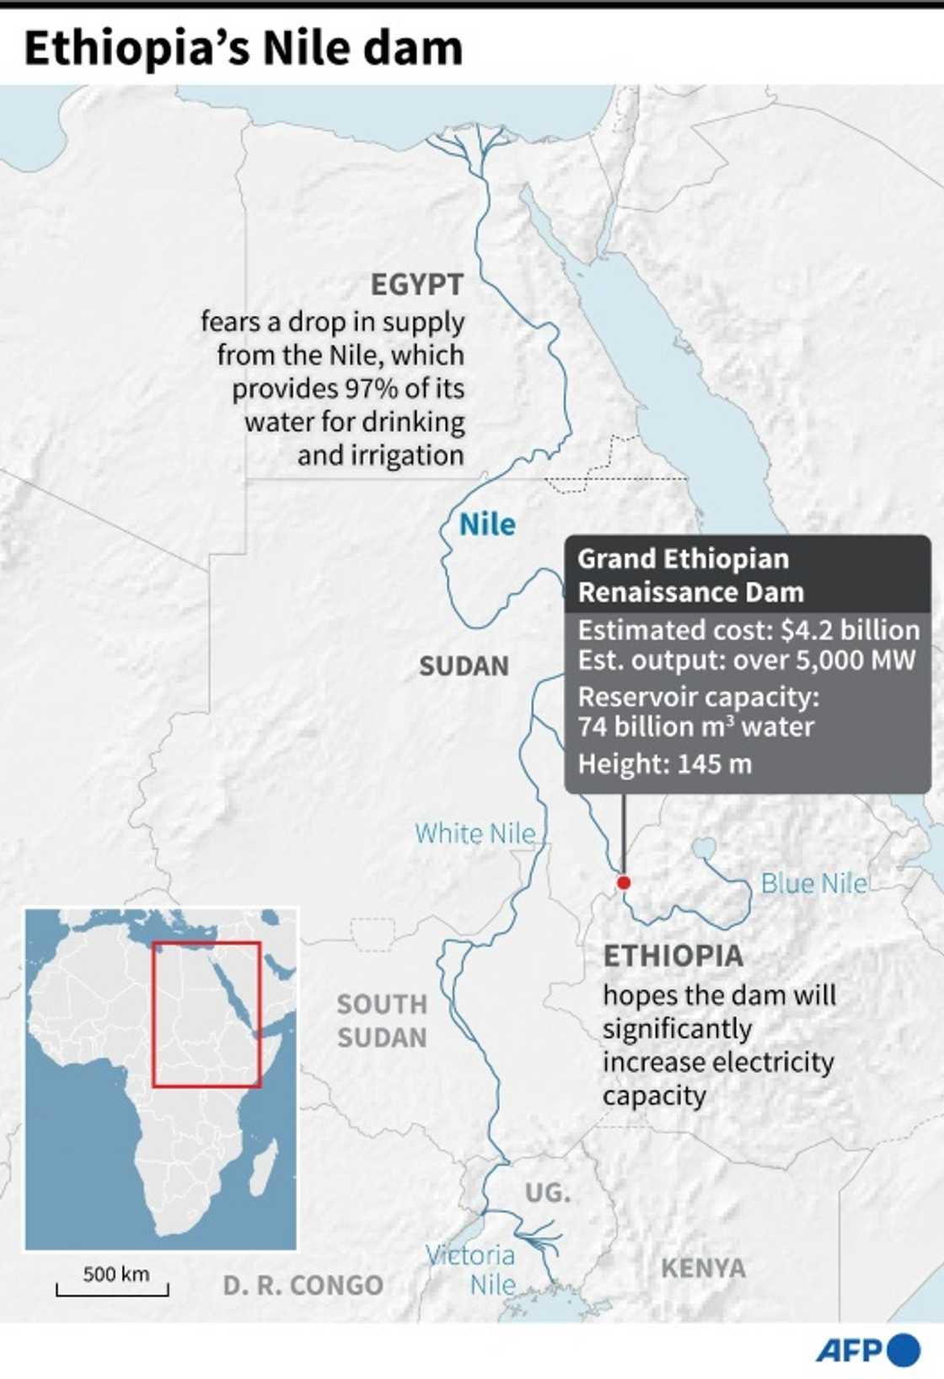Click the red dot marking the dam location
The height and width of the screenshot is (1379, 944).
point(623,882)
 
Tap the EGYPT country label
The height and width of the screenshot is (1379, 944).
point(417,285)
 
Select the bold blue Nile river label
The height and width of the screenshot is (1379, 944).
point(487,525)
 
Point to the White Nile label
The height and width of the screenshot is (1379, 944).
point(475,833)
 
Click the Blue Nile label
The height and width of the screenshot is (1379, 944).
point(813,883)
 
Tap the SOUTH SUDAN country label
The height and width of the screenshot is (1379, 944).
point(382,1021)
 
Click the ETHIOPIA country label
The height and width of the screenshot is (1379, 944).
point(673,956)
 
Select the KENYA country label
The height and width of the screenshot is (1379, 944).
point(703,1268)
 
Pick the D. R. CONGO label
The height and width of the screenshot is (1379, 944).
point(303,1285)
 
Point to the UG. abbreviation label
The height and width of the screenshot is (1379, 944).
point(548,1193)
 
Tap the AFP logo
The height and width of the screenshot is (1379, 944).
point(867,1349)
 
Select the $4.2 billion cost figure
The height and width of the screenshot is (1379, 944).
point(850,630)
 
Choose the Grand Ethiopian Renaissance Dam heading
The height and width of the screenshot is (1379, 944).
point(690,575)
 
